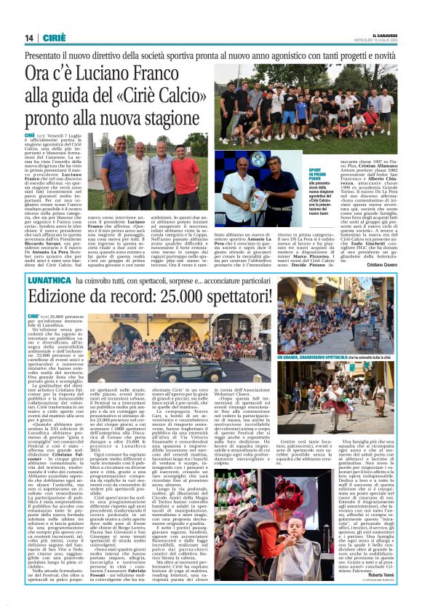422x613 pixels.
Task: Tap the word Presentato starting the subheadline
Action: click(x=47, y=55)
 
